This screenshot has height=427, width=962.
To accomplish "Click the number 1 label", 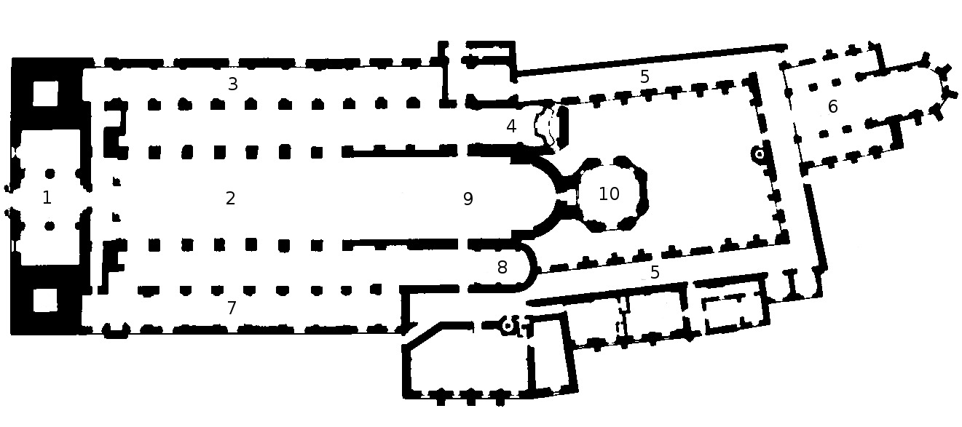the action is point(47,198).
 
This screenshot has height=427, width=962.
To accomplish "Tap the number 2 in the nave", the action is point(231,198).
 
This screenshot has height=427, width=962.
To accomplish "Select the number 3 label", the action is point(232,84).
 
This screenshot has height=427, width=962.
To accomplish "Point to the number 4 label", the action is point(511,127).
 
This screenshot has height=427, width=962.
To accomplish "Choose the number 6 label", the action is point(832,107).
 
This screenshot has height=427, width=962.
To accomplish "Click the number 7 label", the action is point(232,308).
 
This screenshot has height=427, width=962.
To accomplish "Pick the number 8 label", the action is point(502,268).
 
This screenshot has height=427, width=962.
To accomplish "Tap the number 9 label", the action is point(468,199).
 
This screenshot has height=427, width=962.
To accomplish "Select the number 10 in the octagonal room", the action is point(609,194).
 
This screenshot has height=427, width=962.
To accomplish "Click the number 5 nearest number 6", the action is point(644,76).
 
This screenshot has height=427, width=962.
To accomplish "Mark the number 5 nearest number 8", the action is point(655,273).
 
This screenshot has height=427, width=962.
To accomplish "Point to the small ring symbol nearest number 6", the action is point(759,154).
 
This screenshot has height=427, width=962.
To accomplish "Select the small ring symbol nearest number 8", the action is point(508,326).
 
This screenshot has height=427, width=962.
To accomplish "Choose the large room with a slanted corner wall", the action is point(466,364).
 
